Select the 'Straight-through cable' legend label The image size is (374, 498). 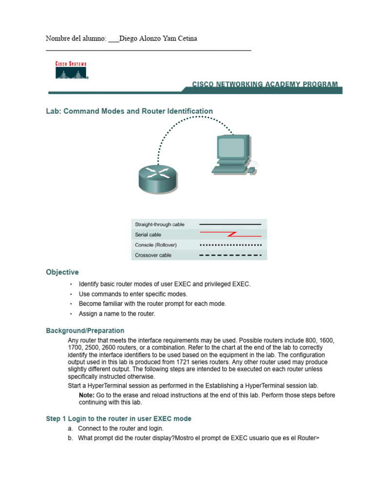click(159, 224)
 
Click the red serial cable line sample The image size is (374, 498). click(230, 234)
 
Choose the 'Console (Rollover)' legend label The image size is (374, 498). click(155, 245)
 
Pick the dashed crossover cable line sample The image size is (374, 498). click(230, 255)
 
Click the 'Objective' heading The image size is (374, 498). click(62, 272)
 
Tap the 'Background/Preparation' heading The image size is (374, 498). click(85, 331)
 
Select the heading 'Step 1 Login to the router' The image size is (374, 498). click(118, 419)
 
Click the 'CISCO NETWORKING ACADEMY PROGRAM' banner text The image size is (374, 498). click(264, 85)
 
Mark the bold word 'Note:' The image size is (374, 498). click(87, 395)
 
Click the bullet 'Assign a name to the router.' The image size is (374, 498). click(117, 314)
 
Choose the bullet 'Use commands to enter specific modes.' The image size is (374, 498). click(133, 294)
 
